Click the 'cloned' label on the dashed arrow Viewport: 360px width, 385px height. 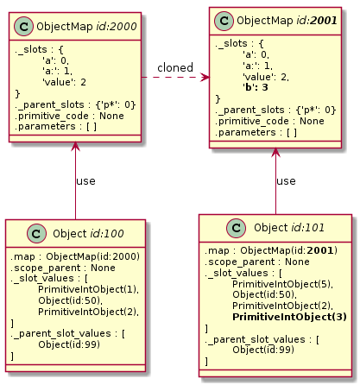[x=175, y=68]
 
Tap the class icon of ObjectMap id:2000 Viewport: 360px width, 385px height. [x=24, y=27]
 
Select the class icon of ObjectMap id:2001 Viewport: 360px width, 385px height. [x=224, y=21]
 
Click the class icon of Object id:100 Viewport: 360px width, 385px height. [x=36, y=234]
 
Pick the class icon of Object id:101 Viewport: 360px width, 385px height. [x=237, y=228]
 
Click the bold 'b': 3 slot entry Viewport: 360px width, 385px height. [x=256, y=87]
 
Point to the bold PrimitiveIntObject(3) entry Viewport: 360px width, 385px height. [x=289, y=317]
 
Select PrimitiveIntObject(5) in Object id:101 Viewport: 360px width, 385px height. [x=282, y=284]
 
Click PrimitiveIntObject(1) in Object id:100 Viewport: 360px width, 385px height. [x=88, y=289]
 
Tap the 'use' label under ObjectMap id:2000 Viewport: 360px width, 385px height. [x=85, y=181]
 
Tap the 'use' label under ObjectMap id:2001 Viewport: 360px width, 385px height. [x=286, y=181]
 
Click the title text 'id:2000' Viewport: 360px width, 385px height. [x=117, y=27]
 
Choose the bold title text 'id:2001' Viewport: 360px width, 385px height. [x=316, y=21]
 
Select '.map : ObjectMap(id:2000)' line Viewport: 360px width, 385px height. [x=75, y=256]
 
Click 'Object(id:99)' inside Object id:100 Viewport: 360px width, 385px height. [x=69, y=344]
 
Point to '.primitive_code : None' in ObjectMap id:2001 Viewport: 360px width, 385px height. [x=269, y=121]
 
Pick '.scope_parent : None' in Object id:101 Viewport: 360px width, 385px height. [x=257, y=262]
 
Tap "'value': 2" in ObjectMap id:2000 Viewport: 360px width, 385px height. [x=64, y=82]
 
